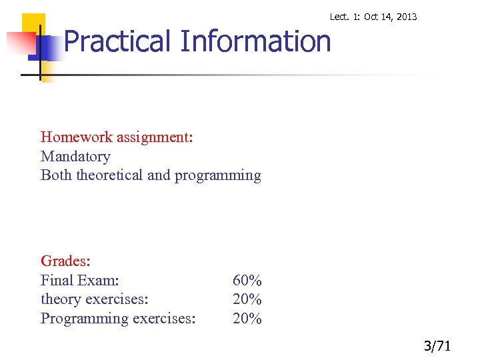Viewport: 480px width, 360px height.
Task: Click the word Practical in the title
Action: point(118,41)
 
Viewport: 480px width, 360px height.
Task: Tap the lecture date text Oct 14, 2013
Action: point(391,17)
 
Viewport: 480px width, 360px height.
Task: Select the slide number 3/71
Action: point(437,346)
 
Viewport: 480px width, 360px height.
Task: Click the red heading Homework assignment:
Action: point(117,137)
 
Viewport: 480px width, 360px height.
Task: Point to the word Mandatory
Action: point(75,157)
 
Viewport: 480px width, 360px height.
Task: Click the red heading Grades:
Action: point(65,261)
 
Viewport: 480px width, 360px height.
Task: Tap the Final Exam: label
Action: point(80,280)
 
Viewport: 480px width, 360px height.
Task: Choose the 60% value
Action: point(247,281)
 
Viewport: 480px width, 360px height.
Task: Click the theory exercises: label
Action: point(94,299)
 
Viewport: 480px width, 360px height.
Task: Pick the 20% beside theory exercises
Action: point(247,299)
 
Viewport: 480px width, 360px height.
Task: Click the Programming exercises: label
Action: point(118,319)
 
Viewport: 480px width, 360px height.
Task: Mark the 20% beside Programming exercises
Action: point(247,319)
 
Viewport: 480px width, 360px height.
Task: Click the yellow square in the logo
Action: point(33,25)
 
